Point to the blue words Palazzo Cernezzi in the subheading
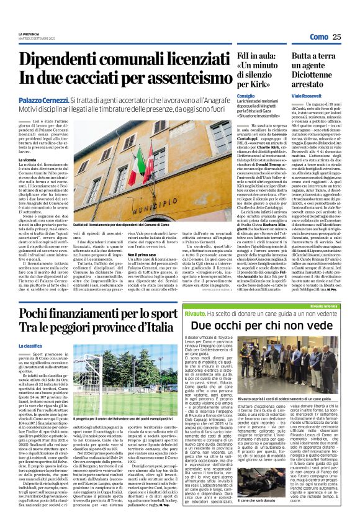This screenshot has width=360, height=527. point(41,99)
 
